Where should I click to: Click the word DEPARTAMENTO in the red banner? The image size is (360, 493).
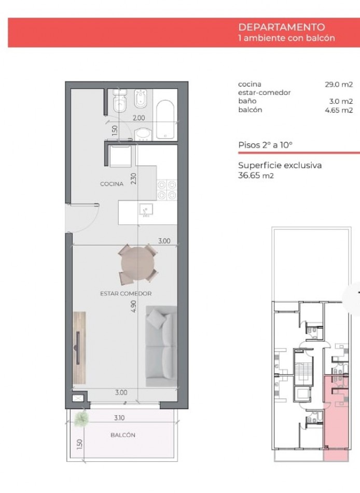[x=281, y=28]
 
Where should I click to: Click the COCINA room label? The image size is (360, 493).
[x=112, y=184]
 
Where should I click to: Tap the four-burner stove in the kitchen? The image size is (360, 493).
[x=167, y=189]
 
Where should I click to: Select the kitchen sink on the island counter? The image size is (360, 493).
[x=145, y=210]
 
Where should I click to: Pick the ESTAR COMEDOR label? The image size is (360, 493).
[x=126, y=294]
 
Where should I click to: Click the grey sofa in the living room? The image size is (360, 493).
[x=161, y=346]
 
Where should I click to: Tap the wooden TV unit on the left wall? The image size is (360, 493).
[x=79, y=347]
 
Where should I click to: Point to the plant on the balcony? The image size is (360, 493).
[x=80, y=418]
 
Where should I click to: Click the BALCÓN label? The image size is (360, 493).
[x=123, y=435]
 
